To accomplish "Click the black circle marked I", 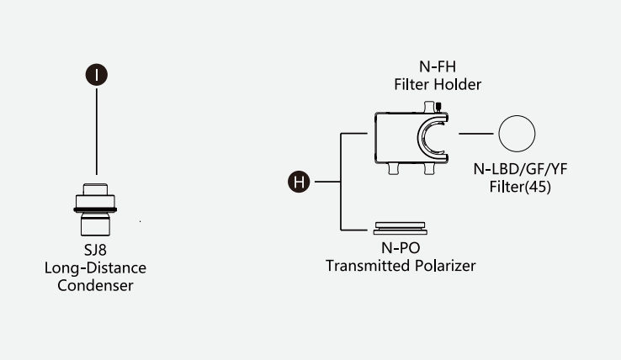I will tap(97, 75).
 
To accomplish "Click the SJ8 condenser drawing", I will tap(95, 210).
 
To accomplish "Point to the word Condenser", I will tap(95, 285).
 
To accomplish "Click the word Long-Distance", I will tap(95, 268).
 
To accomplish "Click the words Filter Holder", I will tap(437, 85).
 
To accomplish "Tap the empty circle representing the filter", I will tap(517, 135).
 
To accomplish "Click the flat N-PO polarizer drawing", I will tap(401, 228).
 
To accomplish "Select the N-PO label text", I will tap(401, 250).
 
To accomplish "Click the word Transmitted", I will tap(364, 266).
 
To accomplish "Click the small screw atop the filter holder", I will tap(438, 107).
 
